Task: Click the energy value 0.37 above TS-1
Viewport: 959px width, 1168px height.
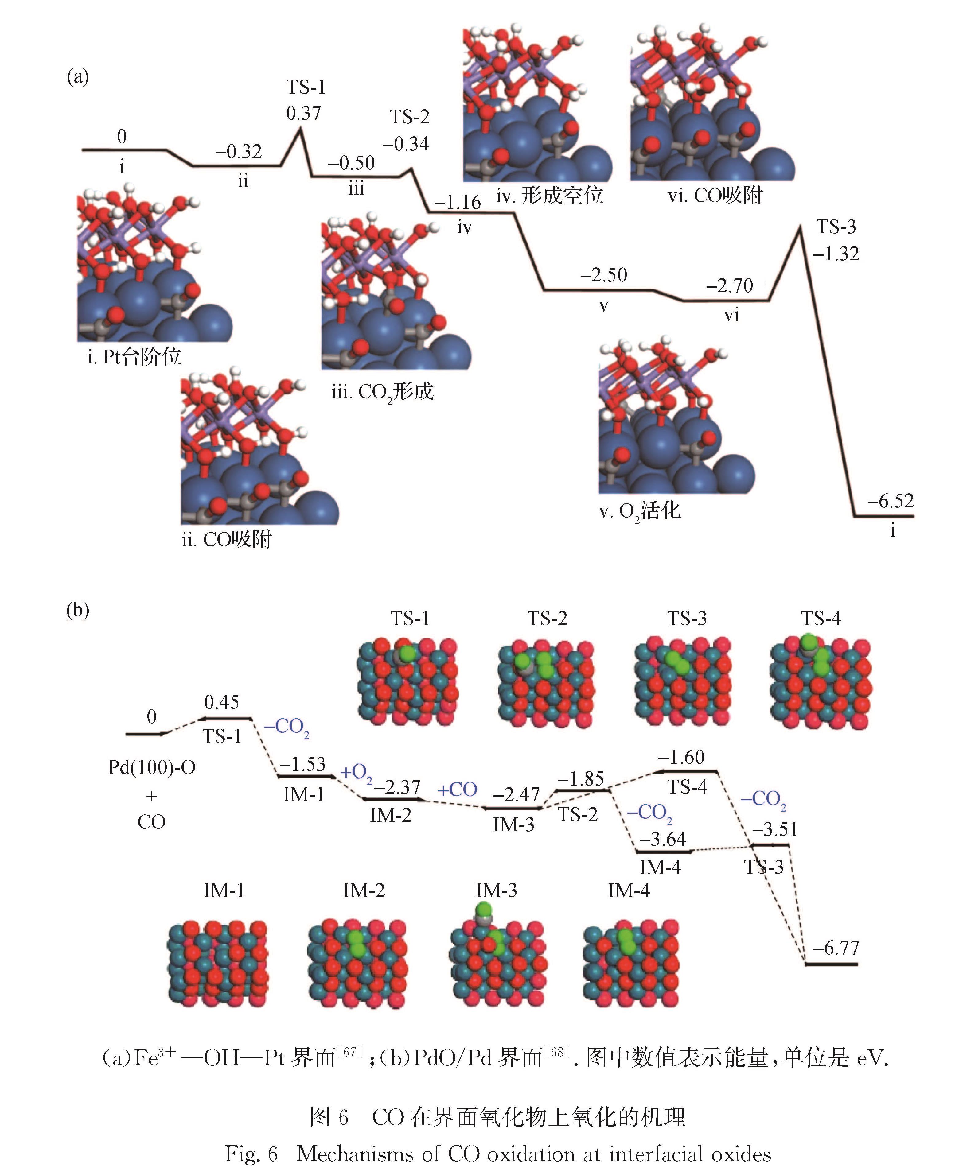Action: (x=303, y=113)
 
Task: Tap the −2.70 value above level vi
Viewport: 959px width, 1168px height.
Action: (x=729, y=285)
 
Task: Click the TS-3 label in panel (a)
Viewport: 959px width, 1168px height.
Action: (x=836, y=227)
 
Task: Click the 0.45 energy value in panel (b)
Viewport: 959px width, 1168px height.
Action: (x=221, y=702)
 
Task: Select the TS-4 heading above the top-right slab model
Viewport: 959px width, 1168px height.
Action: (x=821, y=619)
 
